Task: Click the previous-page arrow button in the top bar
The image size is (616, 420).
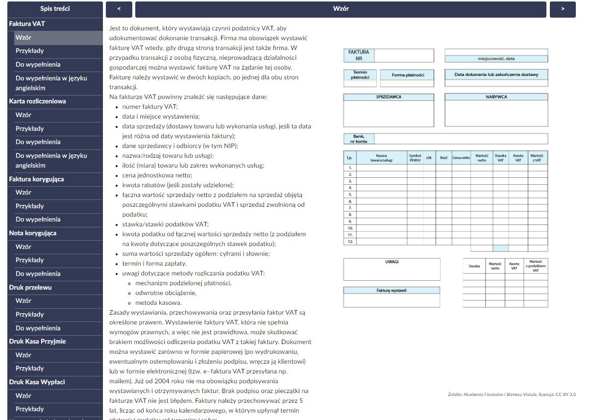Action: tap(118, 9)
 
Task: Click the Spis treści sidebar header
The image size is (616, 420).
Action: tap(55, 9)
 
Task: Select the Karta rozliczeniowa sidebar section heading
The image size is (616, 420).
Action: tap(37, 101)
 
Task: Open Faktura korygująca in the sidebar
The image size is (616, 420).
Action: tap(36, 179)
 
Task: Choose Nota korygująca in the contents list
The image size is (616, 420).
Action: tap(33, 233)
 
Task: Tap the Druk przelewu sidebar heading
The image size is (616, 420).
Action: tap(30, 288)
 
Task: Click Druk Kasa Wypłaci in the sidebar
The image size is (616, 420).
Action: tap(37, 382)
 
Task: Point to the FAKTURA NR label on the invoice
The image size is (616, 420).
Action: tap(359, 55)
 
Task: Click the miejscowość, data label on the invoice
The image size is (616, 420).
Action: tap(496, 59)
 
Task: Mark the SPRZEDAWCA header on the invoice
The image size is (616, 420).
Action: tap(389, 97)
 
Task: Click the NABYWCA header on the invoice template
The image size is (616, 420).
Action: tap(496, 97)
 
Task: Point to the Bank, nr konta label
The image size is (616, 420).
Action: tap(359, 139)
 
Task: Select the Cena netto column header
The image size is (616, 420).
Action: tap(461, 158)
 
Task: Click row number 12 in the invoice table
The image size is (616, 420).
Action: tap(350, 242)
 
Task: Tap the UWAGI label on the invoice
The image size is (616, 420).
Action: tap(392, 262)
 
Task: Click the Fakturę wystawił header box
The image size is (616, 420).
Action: tap(392, 291)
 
